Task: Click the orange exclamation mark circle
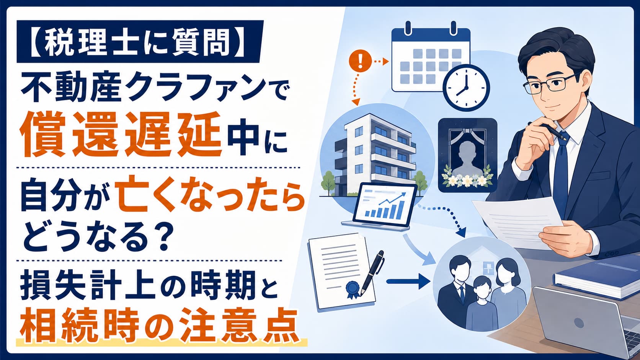tap(360, 61)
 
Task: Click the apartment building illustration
tap(377, 154)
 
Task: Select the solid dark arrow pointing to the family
tap(408, 281)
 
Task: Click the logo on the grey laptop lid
tap(579, 323)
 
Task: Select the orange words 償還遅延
tap(121, 134)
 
